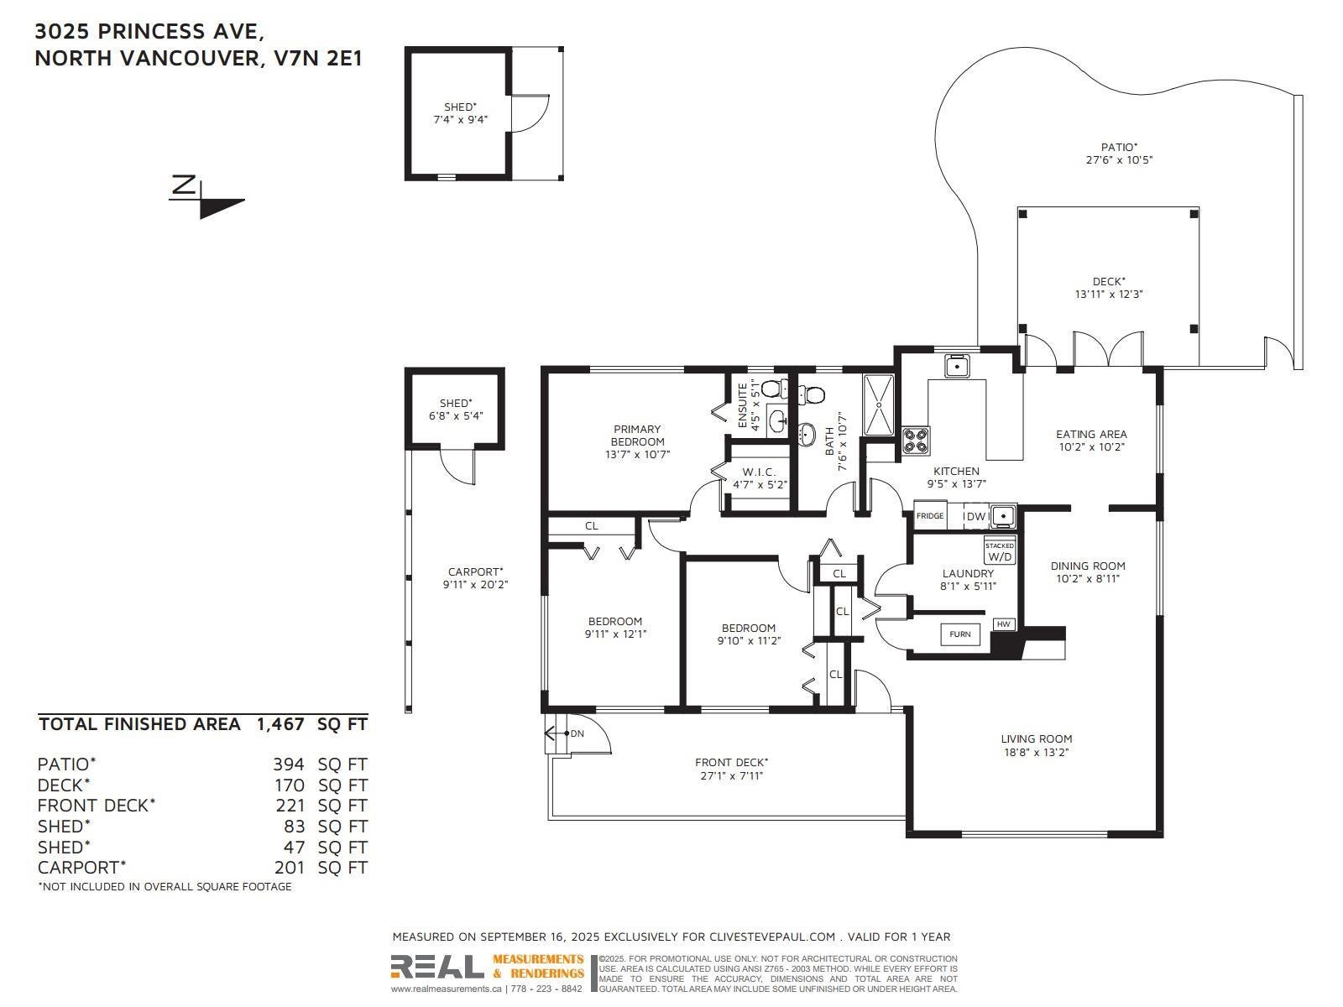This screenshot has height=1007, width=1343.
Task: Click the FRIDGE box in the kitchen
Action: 930,515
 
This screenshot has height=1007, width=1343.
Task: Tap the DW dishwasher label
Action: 976,517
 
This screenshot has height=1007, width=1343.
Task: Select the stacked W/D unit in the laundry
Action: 999,550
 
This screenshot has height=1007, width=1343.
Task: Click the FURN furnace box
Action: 960,634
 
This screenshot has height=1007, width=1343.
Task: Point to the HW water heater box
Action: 1003,624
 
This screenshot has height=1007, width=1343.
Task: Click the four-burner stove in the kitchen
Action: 916,441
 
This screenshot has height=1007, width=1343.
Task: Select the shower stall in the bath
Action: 879,404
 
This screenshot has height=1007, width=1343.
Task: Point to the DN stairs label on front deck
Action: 577,733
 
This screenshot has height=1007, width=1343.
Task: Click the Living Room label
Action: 1037,738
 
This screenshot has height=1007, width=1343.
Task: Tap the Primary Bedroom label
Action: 637,436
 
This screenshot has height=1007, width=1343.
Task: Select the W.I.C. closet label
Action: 760,472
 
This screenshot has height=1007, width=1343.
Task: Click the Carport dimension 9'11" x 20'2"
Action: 475,585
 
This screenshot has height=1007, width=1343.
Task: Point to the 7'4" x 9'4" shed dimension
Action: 460,120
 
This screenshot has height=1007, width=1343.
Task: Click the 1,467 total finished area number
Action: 280,724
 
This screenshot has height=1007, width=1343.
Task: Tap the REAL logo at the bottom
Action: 436,967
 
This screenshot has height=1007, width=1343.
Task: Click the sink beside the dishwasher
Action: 1003,516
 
